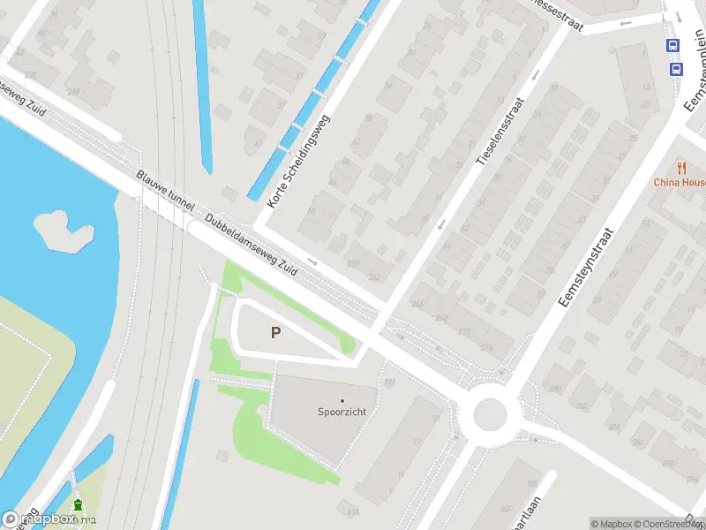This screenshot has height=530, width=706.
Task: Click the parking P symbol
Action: click(x=276, y=333)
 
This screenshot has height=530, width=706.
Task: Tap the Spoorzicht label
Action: click(x=342, y=412)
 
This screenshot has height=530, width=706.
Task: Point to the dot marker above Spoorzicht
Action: click(x=342, y=401)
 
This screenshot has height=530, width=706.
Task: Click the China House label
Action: click(x=679, y=182)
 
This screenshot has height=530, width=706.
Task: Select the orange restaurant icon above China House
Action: click(x=681, y=167)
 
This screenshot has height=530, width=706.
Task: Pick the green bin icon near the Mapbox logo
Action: click(x=78, y=505)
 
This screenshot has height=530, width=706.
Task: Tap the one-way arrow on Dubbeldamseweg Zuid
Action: click(x=312, y=261)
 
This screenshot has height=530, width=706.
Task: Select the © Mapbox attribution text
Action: click(x=613, y=524)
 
